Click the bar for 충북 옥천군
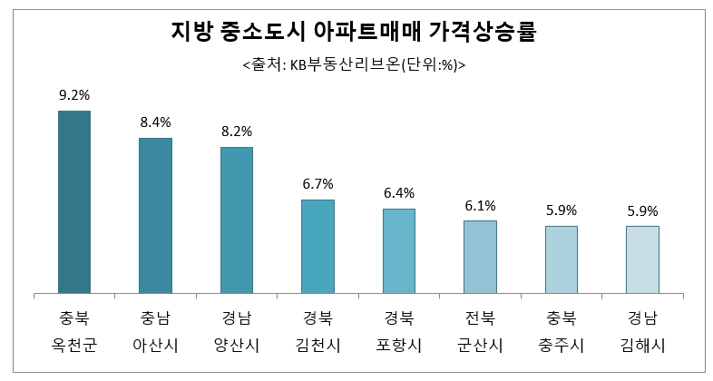tap(74, 202)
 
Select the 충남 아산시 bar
tap(155, 216)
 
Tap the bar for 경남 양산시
tap(237, 220)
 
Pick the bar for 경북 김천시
tap(317, 247)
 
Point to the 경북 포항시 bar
tap(399, 251)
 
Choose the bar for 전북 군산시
tap(480, 257)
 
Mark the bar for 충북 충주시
tap(562, 259)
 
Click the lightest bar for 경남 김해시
tap(642, 259)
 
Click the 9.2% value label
tap(74, 94)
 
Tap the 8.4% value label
tap(155, 121)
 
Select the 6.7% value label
tap(317, 183)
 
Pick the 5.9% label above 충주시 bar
tap(562, 210)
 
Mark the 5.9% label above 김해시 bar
tap(642, 210)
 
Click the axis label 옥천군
tap(74, 345)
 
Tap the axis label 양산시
tap(237, 345)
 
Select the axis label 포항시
tap(399, 345)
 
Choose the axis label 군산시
tap(480, 345)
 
